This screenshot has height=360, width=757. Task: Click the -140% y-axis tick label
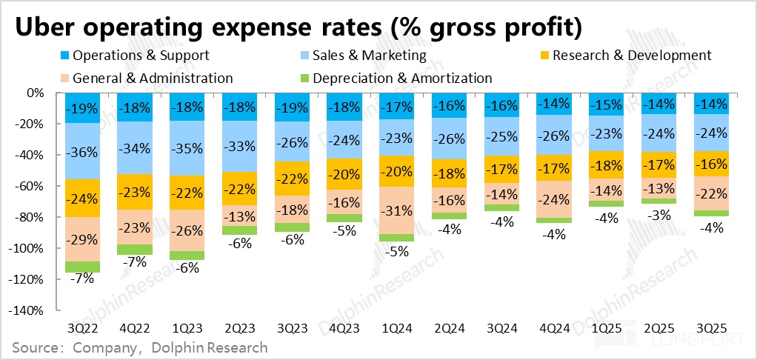[x=29, y=310]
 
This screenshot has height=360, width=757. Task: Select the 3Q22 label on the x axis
[x=82, y=327]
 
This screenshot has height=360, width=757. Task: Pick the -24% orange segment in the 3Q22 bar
[x=82, y=198]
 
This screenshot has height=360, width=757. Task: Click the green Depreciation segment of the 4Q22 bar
[x=135, y=250]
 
